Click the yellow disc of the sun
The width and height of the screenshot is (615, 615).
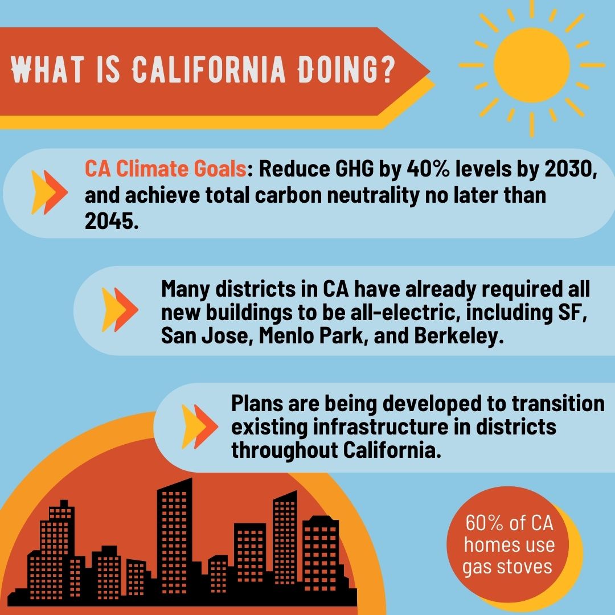click(x=531, y=65)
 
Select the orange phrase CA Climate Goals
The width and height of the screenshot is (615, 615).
click(x=166, y=169)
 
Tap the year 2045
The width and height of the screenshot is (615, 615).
click(x=112, y=221)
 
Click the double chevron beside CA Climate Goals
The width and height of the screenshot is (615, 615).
click(x=49, y=192)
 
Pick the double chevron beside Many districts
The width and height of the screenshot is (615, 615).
click(x=120, y=309)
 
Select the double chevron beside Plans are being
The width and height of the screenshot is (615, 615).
click(x=200, y=427)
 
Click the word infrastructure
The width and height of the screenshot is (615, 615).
click(x=380, y=427)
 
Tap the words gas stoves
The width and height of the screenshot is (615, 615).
click(x=507, y=567)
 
